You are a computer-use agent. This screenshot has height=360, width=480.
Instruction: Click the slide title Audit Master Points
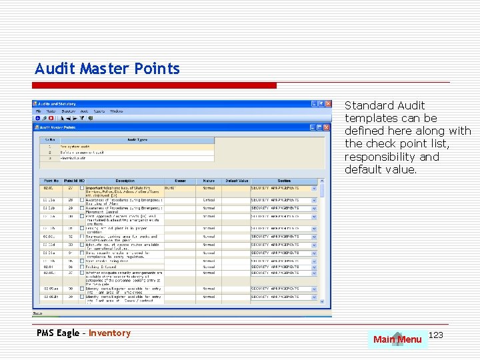click(x=107, y=69)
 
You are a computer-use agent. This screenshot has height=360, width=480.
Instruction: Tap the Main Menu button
click(x=397, y=339)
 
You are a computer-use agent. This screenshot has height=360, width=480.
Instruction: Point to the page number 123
click(x=436, y=334)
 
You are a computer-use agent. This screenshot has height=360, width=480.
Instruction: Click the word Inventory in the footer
click(x=109, y=333)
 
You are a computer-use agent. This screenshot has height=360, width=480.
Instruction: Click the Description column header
click(x=125, y=181)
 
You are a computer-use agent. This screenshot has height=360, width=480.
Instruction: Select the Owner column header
click(x=180, y=181)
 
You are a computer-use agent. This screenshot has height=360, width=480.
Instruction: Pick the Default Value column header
click(x=236, y=181)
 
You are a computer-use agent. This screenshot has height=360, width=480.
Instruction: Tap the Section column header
click(x=284, y=181)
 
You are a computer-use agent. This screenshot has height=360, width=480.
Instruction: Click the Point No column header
click(x=51, y=181)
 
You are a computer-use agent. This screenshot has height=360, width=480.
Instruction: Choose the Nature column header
click(x=209, y=181)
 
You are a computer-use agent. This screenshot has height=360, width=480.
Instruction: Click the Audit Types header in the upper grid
click(x=137, y=140)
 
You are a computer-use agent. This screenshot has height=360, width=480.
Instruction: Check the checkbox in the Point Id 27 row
click(x=82, y=189)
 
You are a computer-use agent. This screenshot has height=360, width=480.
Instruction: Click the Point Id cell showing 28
click(x=71, y=200)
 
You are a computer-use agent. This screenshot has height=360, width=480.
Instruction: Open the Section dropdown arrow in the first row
click(x=314, y=189)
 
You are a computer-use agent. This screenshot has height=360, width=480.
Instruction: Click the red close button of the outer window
click(x=327, y=104)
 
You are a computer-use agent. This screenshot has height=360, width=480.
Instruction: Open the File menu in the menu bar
click(x=39, y=111)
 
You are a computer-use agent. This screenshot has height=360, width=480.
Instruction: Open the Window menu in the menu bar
click(x=116, y=111)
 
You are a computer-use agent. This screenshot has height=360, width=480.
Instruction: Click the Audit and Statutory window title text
click(x=58, y=104)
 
